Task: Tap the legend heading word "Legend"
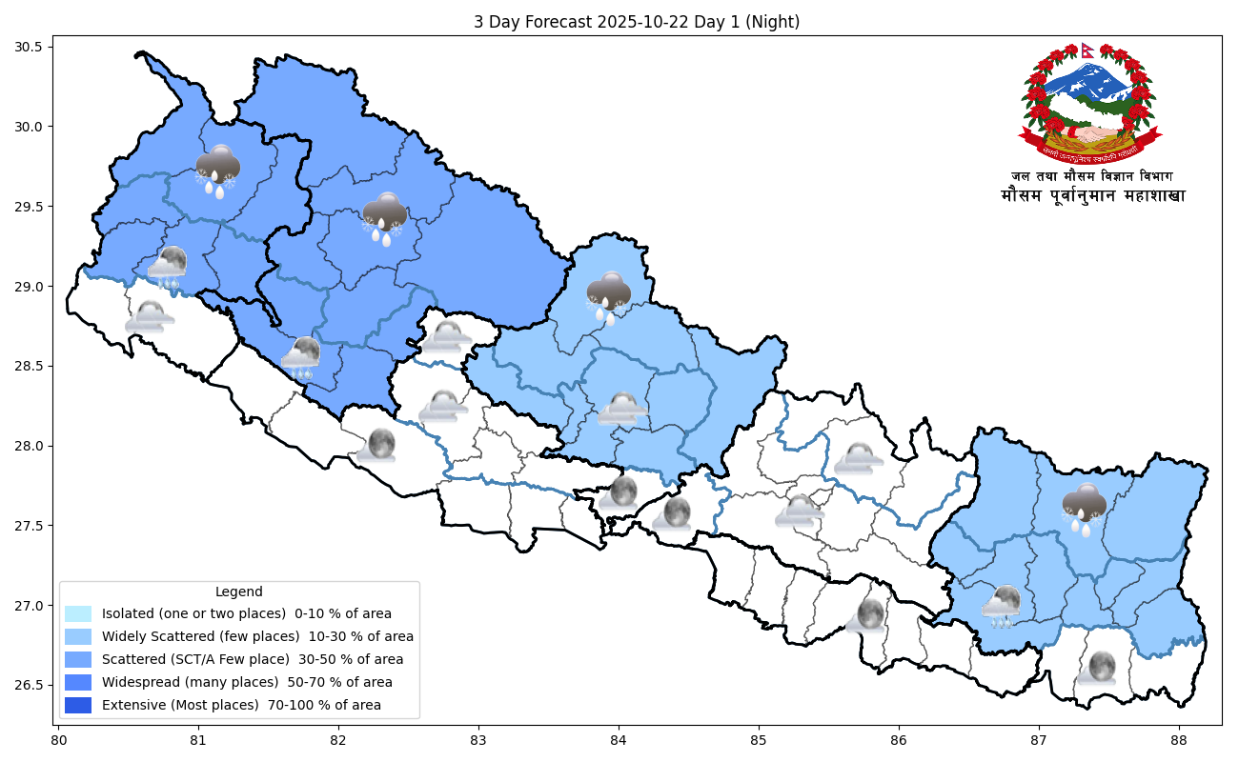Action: coord(238,592)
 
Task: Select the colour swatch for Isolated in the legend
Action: coord(78,614)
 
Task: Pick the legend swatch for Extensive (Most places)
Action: coord(78,706)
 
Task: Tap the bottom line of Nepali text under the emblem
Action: coord(1092,196)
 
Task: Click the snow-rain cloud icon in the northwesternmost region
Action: coord(217,170)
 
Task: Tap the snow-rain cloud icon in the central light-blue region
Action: coord(608,296)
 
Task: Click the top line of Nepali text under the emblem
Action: coord(1092,176)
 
